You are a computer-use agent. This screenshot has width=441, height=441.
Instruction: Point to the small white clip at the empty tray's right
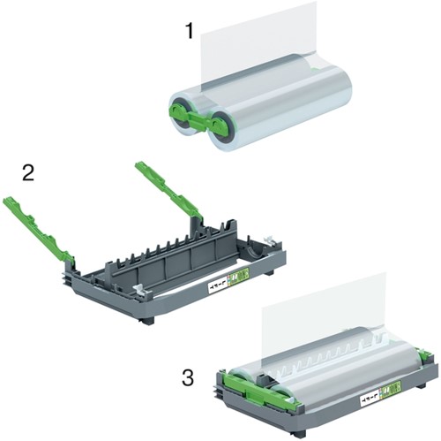point(268,239)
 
